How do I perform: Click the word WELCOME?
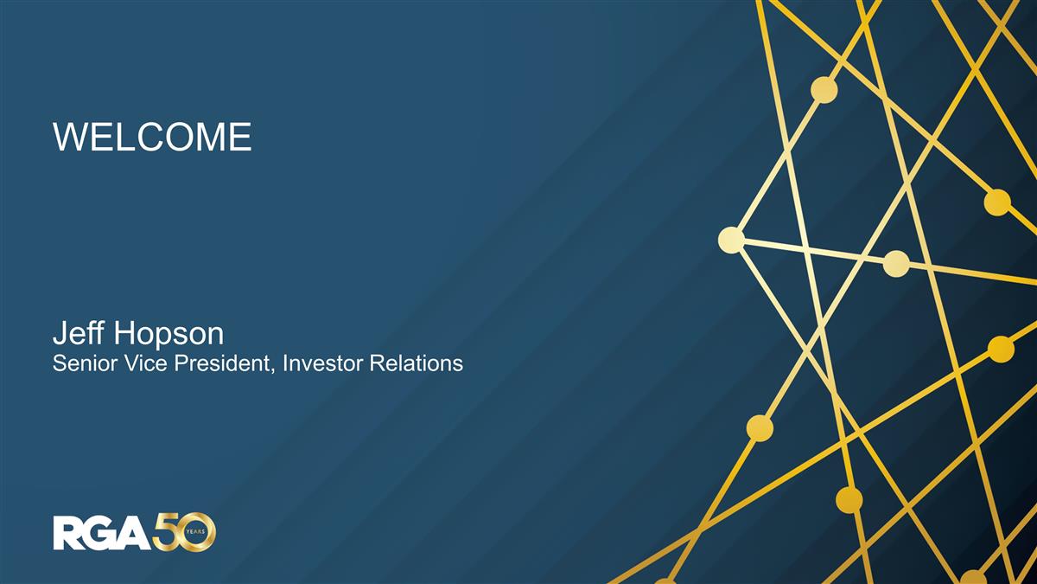pyautogui.click(x=152, y=138)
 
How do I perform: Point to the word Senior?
pyautogui.click(x=83, y=363)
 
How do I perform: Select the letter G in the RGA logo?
pyautogui.click(x=101, y=532)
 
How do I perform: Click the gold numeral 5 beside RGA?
pyautogui.click(x=167, y=532)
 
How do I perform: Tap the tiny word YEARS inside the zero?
pyautogui.click(x=199, y=532)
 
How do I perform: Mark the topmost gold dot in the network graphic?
pyautogui.click(x=824, y=90)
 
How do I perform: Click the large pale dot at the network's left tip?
pyautogui.click(x=731, y=240)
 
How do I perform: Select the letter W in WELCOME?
pyautogui.click(x=68, y=138)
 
